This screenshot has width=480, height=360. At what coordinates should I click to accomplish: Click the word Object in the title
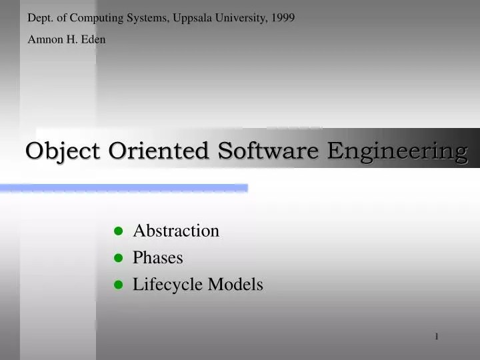[x=63, y=151]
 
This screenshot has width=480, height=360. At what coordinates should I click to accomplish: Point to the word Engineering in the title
[x=397, y=151]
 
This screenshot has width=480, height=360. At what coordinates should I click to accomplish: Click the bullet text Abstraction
[x=176, y=231]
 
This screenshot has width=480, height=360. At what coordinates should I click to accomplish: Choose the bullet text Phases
[x=158, y=257]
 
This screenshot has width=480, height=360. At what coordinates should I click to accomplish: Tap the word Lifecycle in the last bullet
[x=167, y=285]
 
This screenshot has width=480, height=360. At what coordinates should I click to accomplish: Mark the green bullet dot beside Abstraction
[x=119, y=231]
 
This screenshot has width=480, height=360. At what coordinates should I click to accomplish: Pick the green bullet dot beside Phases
[x=119, y=258]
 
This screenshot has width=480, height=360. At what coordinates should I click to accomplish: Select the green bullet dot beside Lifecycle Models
[x=119, y=285]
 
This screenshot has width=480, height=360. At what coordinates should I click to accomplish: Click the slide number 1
[x=437, y=337]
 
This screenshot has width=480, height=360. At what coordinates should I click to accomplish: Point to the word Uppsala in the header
[x=192, y=18]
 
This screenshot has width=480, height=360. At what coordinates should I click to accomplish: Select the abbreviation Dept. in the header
[x=39, y=18]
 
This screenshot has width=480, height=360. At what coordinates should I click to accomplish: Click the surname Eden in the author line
[x=93, y=39]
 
